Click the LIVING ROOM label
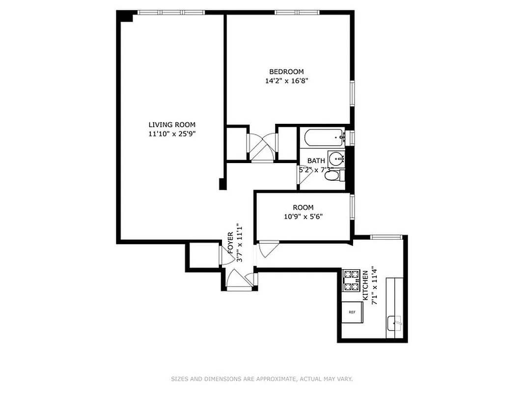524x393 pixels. pyautogui.click(x=172, y=125)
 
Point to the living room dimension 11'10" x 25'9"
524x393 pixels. pyautogui.click(x=172, y=134)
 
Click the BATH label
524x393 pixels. pyautogui.click(x=316, y=161)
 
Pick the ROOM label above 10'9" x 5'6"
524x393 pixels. pyautogui.click(x=303, y=207)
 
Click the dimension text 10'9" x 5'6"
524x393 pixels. pyautogui.click(x=303, y=216)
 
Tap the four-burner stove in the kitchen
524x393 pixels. pyautogui.click(x=351, y=280)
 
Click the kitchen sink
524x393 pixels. pyautogui.click(x=395, y=323)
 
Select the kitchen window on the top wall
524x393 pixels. pyautogui.click(x=386, y=237)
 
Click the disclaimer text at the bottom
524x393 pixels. pyautogui.click(x=262, y=379)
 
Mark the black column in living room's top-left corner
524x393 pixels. pyautogui.click(x=126, y=17)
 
